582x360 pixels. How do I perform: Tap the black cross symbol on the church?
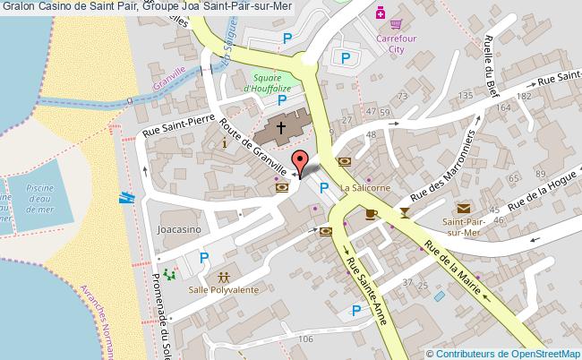tap(280, 128)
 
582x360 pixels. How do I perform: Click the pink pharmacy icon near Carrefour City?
tap(381, 13)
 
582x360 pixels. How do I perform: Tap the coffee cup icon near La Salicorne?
tap(370, 213)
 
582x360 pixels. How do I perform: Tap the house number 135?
tap(465, 96)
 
